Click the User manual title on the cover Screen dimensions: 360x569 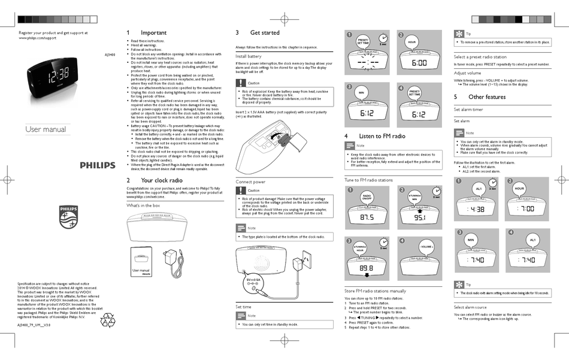tap(46, 130)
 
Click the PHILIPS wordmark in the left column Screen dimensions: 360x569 tap(98, 165)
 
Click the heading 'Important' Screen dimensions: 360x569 tap(153, 32)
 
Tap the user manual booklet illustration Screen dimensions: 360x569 tap(141, 264)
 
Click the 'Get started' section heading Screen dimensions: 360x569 tap(265, 32)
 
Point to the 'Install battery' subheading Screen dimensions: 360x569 tap(248, 56)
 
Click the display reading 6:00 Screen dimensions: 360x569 tap(419, 62)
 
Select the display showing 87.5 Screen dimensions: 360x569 tap(367, 217)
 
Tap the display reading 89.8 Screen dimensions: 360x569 tap(367, 268)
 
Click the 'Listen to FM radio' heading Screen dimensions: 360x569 tap(382, 136)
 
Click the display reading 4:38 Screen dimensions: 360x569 tap(478, 209)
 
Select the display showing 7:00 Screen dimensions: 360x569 tap(527, 209)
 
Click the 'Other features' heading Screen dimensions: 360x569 tap(486, 96)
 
